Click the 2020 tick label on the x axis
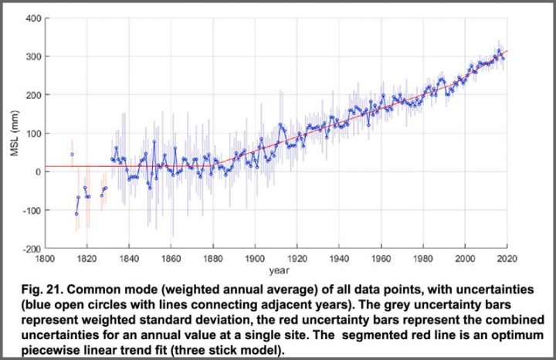[507, 260]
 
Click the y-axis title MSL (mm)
[15, 133]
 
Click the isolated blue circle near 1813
[72, 154]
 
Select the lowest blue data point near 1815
[76, 214]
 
